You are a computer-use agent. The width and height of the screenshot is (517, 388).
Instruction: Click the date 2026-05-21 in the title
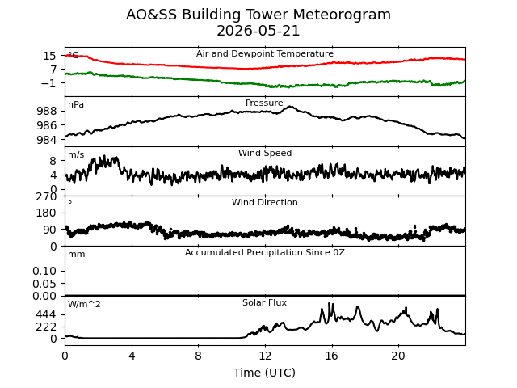[x=258, y=31]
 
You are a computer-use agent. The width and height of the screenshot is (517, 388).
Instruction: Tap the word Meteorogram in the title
[x=342, y=15]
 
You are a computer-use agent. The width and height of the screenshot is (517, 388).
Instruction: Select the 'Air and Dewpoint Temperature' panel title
[x=265, y=53]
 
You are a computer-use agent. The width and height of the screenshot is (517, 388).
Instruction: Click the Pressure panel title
[x=264, y=103]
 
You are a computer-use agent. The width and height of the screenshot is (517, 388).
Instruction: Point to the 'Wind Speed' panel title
[x=265, y=153]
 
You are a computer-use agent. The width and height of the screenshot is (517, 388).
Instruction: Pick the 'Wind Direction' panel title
[x=265, y=202]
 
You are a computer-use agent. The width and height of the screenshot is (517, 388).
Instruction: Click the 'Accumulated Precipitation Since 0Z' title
[x=265, y=252]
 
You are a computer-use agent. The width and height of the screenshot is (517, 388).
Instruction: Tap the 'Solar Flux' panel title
[x=264, y=302]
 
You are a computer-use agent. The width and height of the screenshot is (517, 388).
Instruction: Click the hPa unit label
[x=76, y=104]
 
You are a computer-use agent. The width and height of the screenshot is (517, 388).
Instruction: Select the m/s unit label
[x=76, y=154]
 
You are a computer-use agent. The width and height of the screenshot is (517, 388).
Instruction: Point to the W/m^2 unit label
[x=84, y=304]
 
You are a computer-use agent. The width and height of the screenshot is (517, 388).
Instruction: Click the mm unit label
[x=77, y=255]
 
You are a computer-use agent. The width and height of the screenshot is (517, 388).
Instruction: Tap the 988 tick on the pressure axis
[x=47, y=111]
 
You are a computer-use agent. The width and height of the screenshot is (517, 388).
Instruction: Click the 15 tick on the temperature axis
[x=50, y=56]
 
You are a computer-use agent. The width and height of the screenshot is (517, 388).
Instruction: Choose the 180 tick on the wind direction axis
[x=46, y=213]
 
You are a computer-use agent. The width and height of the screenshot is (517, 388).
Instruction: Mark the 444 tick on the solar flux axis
[x=46, y=314]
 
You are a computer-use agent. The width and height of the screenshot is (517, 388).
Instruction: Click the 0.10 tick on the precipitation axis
[x=44, y=271]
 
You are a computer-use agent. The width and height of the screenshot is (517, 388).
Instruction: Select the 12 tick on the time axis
[x=265, y=356]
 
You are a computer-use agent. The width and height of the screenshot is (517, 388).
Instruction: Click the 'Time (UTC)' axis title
[x=264, y=373]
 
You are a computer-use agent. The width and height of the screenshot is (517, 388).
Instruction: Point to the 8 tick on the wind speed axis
[x=53, y=161]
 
